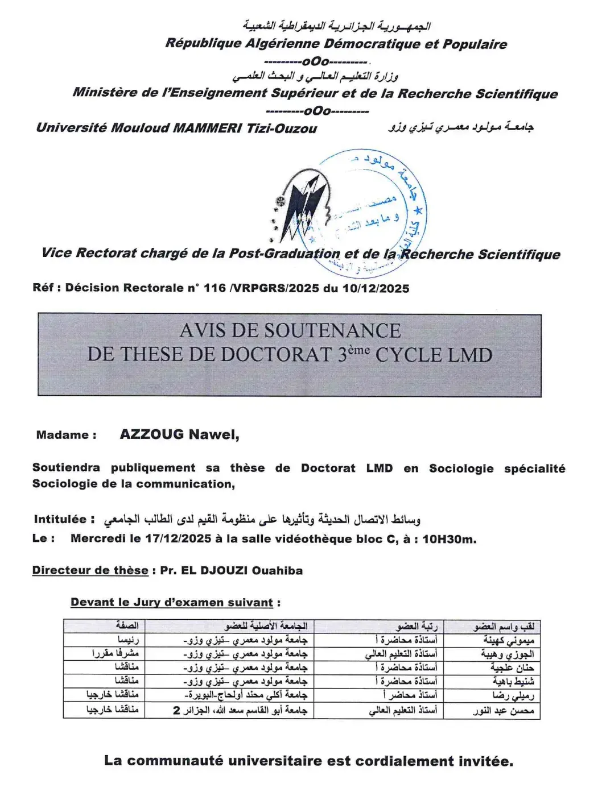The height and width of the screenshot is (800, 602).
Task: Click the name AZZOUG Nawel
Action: click(x=179, y=435)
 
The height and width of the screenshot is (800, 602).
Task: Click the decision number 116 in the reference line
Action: click(x=215, y=288)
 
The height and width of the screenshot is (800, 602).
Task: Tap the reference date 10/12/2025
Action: click(x=376, y=288)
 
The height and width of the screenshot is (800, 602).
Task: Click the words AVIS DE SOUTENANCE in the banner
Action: click(x=290, y=331)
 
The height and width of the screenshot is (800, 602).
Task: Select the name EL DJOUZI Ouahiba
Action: click(x=241, y=570)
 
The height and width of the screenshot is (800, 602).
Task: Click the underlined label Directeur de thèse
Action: click(x=90, y=570)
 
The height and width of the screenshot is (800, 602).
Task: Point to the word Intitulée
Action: click(x=60, y=519)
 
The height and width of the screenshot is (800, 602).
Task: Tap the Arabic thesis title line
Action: click(x=262, y=519)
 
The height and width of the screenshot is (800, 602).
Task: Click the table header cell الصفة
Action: click(x=127, y=625)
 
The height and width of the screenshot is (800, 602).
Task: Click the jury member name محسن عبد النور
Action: click(x=504, y=710)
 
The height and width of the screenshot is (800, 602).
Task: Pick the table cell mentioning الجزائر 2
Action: click(x=240, y=710)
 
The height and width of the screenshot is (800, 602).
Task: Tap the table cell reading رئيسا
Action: click(x=127, y=640)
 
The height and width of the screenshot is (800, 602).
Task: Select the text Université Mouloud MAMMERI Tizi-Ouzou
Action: click(x=176, y=128)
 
